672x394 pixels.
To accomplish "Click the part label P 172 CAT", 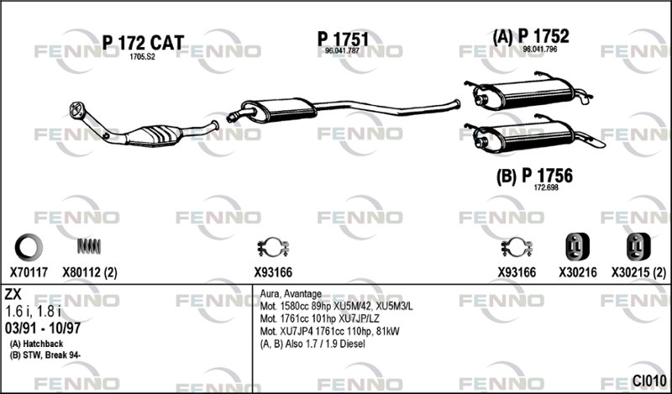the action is (x=143, y=43).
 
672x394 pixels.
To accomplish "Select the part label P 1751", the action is (x=343, y=39).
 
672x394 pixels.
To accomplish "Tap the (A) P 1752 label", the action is (x=531, y=36).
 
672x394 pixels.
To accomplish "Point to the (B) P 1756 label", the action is (x=534, y=176).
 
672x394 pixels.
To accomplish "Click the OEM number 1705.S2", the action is (x=142, y=56).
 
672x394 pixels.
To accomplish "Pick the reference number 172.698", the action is (x=546, y=188).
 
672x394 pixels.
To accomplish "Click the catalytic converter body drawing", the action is (x=155, y=135).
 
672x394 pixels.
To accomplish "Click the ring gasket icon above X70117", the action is (x=29, y=247).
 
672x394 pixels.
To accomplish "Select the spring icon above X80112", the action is (x=89, y=246).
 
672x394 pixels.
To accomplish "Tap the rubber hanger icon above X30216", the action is (x=577, y=247).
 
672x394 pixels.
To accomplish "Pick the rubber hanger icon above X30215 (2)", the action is (x=638, y=247).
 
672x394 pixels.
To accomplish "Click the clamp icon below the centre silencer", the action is (x=273, y=247).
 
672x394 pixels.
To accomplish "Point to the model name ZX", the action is (x=13, y=294).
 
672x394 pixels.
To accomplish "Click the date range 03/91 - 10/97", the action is (x=43, y=328).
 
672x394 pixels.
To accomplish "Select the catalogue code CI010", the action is (x=649, y=381).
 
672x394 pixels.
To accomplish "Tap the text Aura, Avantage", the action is (x=291, y=294).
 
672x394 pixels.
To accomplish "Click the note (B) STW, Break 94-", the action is (x=45, y=355).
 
